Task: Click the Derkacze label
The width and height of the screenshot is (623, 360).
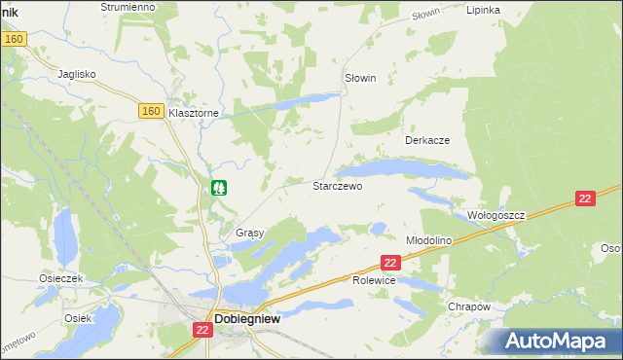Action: (426, 140)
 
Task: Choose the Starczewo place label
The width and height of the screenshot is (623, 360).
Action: (337, 185)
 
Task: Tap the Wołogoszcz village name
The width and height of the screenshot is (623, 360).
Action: (495, 215)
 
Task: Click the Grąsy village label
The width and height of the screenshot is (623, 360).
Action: (250, 234)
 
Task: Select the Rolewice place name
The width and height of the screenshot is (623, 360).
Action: (373, 280)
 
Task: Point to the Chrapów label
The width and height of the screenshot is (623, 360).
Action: (468, 306)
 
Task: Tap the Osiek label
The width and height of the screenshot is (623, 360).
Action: (77, 318)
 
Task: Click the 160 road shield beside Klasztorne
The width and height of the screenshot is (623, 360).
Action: (150, 111)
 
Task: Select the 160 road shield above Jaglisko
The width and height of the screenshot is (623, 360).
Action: (13, 39)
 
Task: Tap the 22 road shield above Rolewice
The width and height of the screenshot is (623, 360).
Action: (390, 263)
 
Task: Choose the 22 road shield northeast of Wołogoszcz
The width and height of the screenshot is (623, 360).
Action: (584, 198)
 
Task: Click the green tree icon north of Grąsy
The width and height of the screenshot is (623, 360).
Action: (220, 187)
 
